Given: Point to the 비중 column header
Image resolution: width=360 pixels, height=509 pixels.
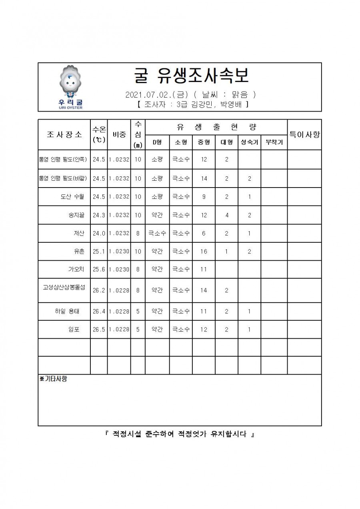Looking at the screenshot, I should (119, 134).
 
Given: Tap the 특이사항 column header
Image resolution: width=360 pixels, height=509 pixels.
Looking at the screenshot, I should (304, 134).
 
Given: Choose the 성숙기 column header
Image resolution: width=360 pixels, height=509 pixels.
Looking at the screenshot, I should (249, 142).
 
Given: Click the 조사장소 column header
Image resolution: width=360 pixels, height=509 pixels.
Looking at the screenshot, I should (64, 134).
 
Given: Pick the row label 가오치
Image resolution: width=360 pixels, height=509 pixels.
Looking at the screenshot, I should (76, 269).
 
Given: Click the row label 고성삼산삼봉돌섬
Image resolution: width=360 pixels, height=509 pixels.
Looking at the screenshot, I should (64, 287).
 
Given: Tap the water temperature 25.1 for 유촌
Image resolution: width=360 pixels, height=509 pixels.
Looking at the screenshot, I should (98, 252).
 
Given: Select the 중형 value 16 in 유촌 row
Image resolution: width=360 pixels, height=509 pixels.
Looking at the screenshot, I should (204, 252).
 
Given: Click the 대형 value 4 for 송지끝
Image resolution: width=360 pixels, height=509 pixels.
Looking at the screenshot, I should (227, 215).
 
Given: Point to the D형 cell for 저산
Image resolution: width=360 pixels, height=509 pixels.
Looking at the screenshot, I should (157, 234).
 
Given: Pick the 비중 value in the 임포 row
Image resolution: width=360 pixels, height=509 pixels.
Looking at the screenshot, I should (119, 330).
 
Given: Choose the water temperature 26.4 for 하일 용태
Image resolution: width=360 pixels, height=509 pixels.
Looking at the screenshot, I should (98, 311).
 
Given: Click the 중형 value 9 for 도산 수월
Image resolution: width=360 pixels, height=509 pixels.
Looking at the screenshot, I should (204, 197).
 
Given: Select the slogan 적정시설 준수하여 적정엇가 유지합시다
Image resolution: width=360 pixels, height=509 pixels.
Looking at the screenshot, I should (180, 434).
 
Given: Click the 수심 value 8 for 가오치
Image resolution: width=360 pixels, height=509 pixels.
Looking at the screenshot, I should (138, 269).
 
